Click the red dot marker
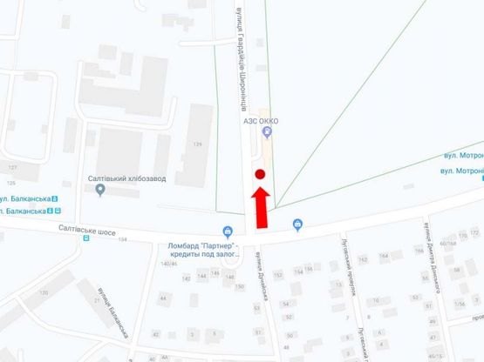tap(259, 176)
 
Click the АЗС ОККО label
tap(260, 121)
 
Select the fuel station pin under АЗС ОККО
tap(266, 132)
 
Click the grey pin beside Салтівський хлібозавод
tap(99, 189)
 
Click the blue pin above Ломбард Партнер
tap(228, 232)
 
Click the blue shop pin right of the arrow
tap(299, 225)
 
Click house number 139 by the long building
tap(197, 144)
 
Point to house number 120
tap(44, 293)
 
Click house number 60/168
tap(447, 244)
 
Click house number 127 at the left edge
tap(11, 167)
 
